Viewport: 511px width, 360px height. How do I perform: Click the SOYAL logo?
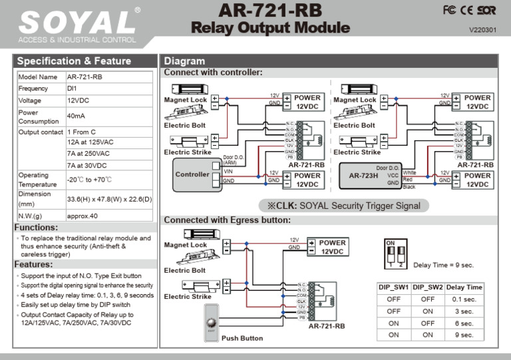click(79, 23)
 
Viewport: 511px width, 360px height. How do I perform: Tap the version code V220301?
click(482, 30)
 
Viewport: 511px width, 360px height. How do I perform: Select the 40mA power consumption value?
click(75, 116)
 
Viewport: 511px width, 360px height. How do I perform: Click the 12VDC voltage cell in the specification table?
click(79, 100)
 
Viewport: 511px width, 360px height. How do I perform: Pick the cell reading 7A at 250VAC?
click(88, 154)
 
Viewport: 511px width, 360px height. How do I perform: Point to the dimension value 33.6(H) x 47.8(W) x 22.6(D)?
click(110, 199)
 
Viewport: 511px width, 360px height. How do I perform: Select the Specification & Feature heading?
click(74, 61)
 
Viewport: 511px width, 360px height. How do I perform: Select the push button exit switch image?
click(211, 322)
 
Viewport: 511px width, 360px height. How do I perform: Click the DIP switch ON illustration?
click(396, 255)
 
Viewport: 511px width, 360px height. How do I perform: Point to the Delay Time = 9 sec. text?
click(443, 265)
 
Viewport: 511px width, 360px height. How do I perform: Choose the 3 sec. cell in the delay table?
click(464, 311)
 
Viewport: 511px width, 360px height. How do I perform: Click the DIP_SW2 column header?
click(428, 287)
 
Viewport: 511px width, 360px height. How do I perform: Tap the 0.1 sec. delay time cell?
click(464, 299)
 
